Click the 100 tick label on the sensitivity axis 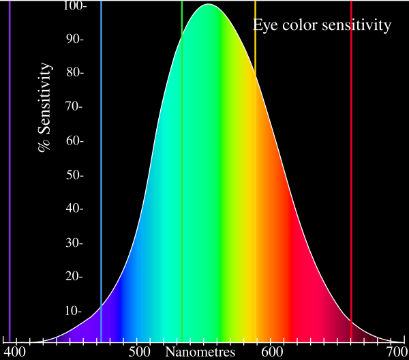pyautogui.click(x=74, y=5)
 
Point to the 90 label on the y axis pyautogui.click(x=74, y=39)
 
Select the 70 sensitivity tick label pyautogui.click(x=74, y=106)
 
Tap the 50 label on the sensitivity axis pyautogui.click(x=74, y=175)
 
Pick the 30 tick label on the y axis pyautogui.click(x=74, y=243)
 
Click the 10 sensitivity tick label pyautogui.click(x=74, y=311)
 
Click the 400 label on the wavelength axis pyautogui.click(x=14, y=352)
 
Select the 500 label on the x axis pyautogui.click(x=140, y=352)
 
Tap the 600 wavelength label pyautogui.click(x=272, y=352)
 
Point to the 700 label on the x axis pyautogui.click(x=397, y=352)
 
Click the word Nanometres pyautogui.click(x=200, y=352)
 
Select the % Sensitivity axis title pyautogui.click(x=44, y=107)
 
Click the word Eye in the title pyautogui.click(x=265, y=25)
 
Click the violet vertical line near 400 pyautogui.click(x=10, y=171)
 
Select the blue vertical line pyautogui.click(x=101, y=171)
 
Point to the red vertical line pyautogui.click(x=351, y=171)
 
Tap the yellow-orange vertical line pyautogui.click(x=256, y=171)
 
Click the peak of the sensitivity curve pyautogui.click(x=208, y=4)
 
